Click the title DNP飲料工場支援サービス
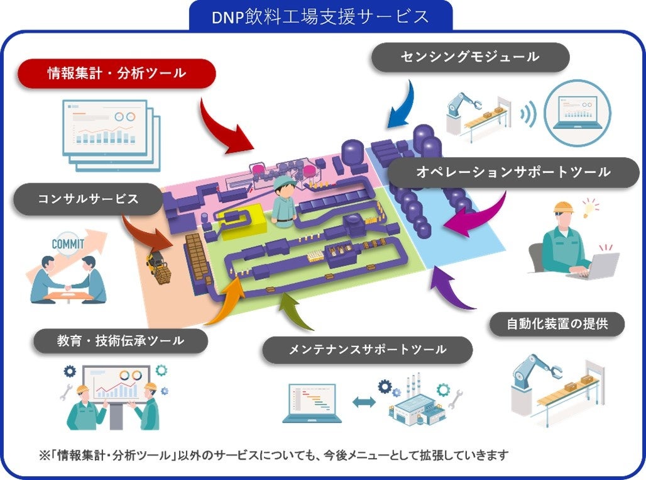[321, 16]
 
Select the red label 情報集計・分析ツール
[117, 74]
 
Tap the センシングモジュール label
[470, 57]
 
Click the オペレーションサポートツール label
[513, 172]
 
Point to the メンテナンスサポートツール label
[367, 349]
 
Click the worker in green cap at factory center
[283, 200]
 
